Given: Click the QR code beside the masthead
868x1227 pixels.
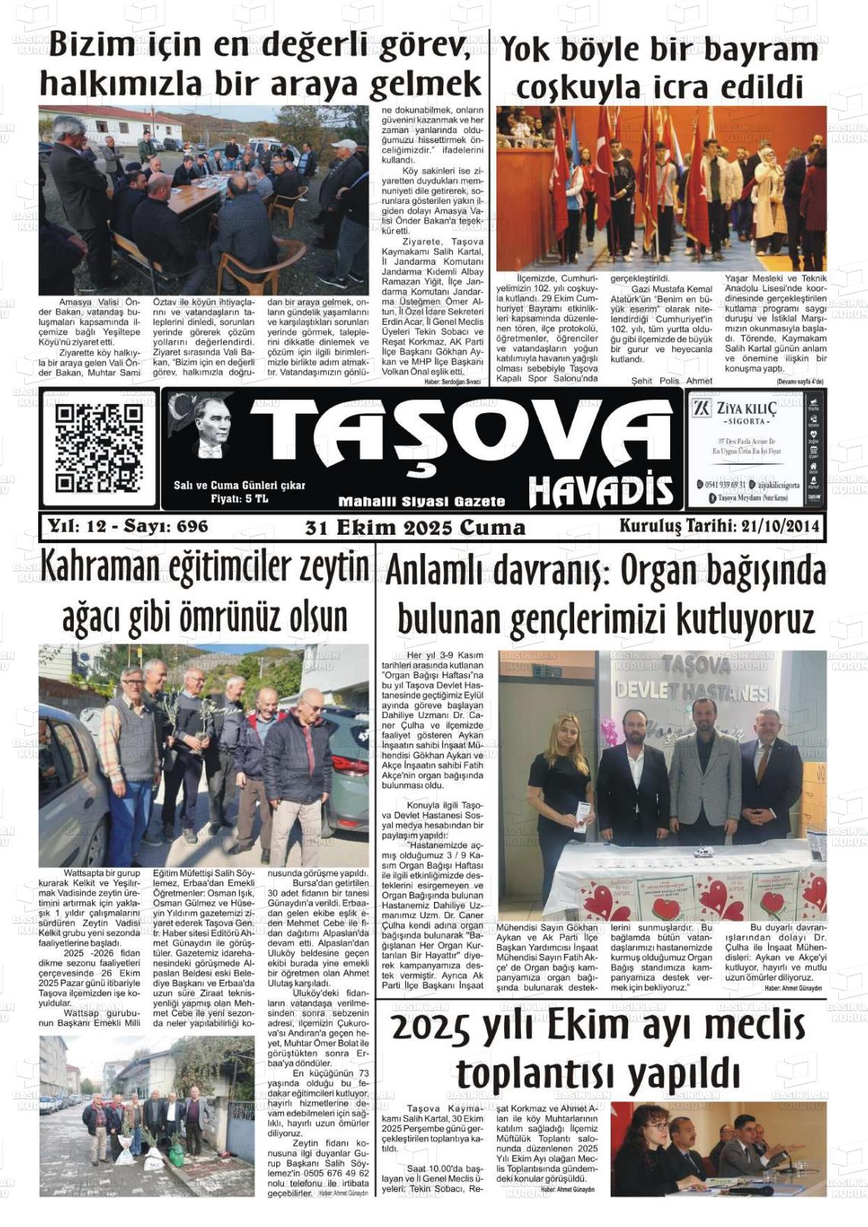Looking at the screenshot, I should click(x=99, y=447).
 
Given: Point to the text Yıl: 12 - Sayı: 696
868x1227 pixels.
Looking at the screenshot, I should click(x=128, y=526).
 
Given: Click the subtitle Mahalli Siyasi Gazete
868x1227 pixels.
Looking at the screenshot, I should click(x=421, y=501).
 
